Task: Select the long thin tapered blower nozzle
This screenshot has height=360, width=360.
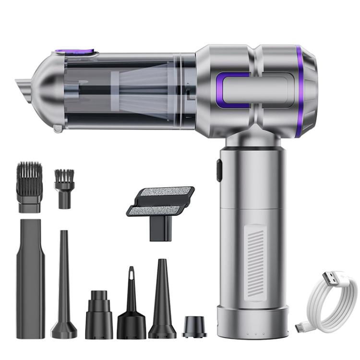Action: tap(64, 288)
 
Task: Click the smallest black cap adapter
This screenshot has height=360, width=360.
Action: tap(194, 327)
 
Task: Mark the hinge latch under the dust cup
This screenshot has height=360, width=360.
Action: tap(58, 128)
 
